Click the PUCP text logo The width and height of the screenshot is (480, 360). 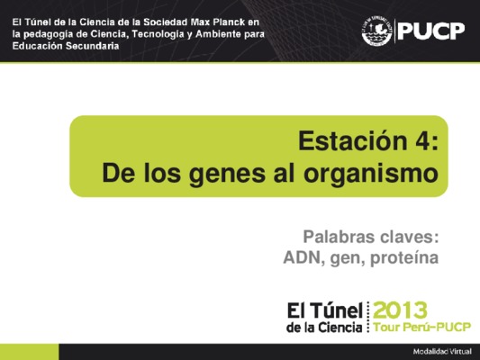pos(431,31)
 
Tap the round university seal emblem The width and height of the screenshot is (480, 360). pos(376,31)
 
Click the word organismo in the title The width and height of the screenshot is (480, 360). pos(371,174)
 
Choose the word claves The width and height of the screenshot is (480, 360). pos(407,237)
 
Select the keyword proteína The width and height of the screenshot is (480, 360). pos(404,258)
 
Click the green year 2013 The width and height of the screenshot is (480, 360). pos(400,310)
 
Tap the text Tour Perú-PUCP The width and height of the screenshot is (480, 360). pos(422,327)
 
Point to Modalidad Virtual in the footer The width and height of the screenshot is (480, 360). pos(442,352)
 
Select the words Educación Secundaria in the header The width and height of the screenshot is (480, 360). pos(66,46)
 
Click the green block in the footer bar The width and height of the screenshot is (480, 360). pos(30,352)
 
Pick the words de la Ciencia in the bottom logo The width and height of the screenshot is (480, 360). pos(324,328)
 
